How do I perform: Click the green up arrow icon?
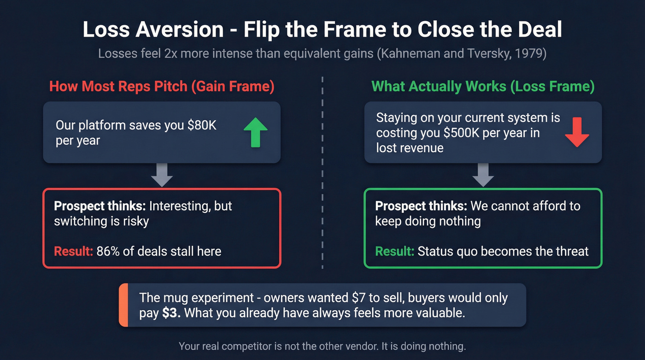click(x=255, y=132)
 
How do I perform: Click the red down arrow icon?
click(x=577, y=132)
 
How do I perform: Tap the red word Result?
click(x=73, y=251)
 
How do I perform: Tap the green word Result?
click(x=394, y=251)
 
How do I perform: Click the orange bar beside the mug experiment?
click(x=123, y=305)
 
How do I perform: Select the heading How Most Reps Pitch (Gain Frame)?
click(x=162, y=86)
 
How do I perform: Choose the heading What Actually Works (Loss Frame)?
click(x=483, y=86)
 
